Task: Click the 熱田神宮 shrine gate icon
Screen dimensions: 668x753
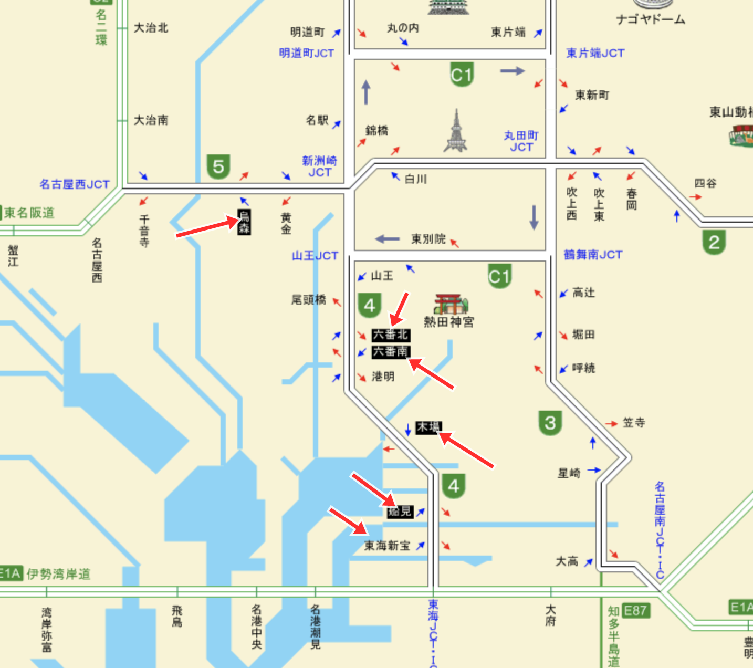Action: click(450, 304)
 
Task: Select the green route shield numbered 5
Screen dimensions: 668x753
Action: click(218, 167)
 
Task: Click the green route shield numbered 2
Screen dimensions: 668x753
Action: click(714, 242)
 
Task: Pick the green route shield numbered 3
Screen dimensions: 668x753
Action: click(550, 423)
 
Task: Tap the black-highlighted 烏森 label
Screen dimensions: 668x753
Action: click(244, 222)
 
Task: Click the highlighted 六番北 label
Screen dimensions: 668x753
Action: click(390, 335)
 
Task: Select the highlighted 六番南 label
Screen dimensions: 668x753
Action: click(390, 352)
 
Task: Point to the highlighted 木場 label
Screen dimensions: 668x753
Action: click(428, 427)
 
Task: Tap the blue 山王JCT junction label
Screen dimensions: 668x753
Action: click(315, 256)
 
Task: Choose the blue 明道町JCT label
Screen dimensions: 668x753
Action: click(306, 53)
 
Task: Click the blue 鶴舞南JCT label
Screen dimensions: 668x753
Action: click(593, 255)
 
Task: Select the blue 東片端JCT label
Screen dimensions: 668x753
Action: click(595, 53)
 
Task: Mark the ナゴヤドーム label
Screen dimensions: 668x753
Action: click(651, 20)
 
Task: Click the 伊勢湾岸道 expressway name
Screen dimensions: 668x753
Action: click(58, 574)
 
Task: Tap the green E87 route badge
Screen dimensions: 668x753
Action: click(635, 610)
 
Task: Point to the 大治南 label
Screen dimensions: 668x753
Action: click(151, 120)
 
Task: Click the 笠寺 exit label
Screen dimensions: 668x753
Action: click(634, 423)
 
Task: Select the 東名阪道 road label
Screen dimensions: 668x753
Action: click(30, 213)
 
